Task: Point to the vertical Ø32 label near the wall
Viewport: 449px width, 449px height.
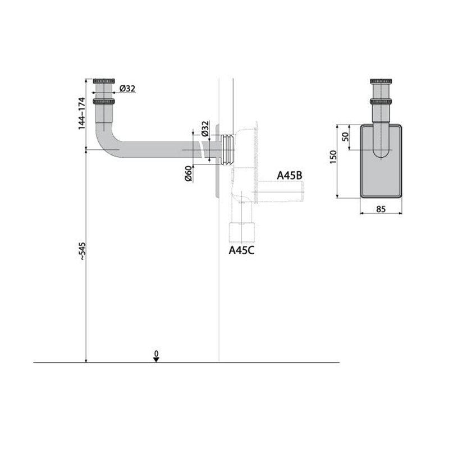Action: click(205, 130)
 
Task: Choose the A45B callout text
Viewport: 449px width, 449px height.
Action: click(289, 176)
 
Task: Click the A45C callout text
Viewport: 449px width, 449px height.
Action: click(241, 250)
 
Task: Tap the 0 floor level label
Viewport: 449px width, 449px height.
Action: click(157, 354)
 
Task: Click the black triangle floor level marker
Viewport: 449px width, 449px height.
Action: click(157, 360)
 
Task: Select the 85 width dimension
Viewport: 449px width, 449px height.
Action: click(380, 209)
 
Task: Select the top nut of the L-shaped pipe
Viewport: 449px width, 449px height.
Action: click(104, 82)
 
